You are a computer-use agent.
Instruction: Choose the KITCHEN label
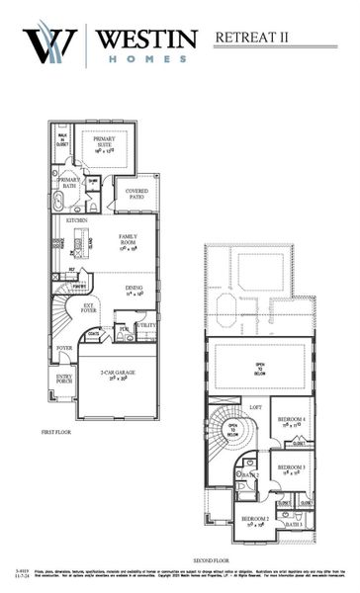click(x=76, y=220)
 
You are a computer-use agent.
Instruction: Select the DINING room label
click(x=135, y=290)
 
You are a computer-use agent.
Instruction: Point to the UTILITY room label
click(x=146, y=324)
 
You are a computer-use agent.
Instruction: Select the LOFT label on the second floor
click(x=255, y=406)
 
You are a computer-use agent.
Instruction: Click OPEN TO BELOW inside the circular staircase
click(x=233, y=430)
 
